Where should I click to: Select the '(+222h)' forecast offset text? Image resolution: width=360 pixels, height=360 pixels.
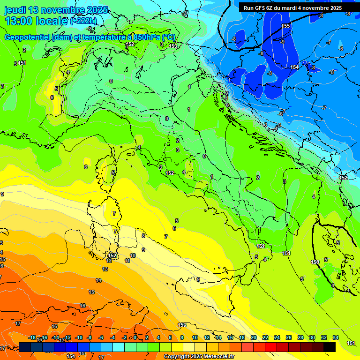coord(83,21)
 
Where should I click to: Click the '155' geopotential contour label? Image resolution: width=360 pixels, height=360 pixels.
coord(286,26)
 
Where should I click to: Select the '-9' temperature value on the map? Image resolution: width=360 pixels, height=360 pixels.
coord(282,42)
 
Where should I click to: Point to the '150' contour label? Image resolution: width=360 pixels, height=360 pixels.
coord(315,262)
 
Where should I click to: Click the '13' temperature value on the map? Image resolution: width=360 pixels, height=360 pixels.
coord(105,269)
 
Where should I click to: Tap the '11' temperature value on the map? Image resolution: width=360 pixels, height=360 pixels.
coord(127,261)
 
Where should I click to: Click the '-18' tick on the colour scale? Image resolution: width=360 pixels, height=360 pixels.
coord(32,337)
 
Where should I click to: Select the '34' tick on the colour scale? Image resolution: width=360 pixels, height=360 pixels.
coord(336,337)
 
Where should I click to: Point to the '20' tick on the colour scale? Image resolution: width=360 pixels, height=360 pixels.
coord(253,337)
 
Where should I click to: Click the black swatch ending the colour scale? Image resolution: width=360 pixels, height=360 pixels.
coord(330,347)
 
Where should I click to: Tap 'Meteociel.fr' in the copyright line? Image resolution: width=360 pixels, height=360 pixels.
coord(219,357)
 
